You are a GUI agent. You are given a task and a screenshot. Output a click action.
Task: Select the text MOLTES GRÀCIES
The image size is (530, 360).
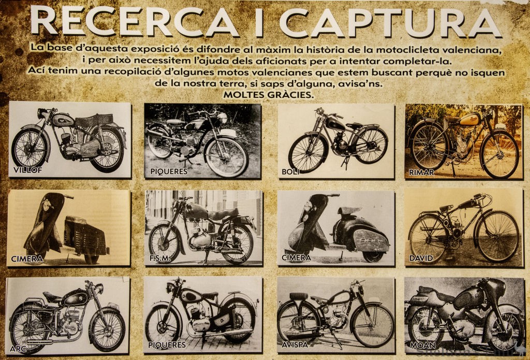[269, 95]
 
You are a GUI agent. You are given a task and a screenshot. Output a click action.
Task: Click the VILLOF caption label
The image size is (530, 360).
[28, 170]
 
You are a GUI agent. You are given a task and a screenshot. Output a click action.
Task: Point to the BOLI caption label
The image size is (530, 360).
[290, 172]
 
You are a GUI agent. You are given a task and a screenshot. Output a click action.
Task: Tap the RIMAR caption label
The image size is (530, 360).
[421, 172]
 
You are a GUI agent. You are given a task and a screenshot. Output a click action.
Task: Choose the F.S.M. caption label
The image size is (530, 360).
[160, 259]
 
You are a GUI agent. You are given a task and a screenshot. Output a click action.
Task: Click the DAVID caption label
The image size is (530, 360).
[421, 258]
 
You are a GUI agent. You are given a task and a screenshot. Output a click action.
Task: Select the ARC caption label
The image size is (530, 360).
[18, 348]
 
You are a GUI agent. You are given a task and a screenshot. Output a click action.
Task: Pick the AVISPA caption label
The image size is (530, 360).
[295, 345]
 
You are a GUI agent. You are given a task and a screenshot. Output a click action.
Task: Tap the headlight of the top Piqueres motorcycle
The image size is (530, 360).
[223, 118]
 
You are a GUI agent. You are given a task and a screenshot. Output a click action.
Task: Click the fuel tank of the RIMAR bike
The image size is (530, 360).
[470, 120]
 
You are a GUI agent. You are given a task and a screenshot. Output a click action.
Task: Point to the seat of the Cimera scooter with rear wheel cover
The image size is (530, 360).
[350, 210]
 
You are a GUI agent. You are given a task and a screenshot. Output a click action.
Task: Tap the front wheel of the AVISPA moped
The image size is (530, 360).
[373, 325]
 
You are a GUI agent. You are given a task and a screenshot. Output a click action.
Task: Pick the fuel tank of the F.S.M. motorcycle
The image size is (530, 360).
[196, 211]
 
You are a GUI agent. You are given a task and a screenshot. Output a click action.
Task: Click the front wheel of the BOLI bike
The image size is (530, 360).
[308, 153]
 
